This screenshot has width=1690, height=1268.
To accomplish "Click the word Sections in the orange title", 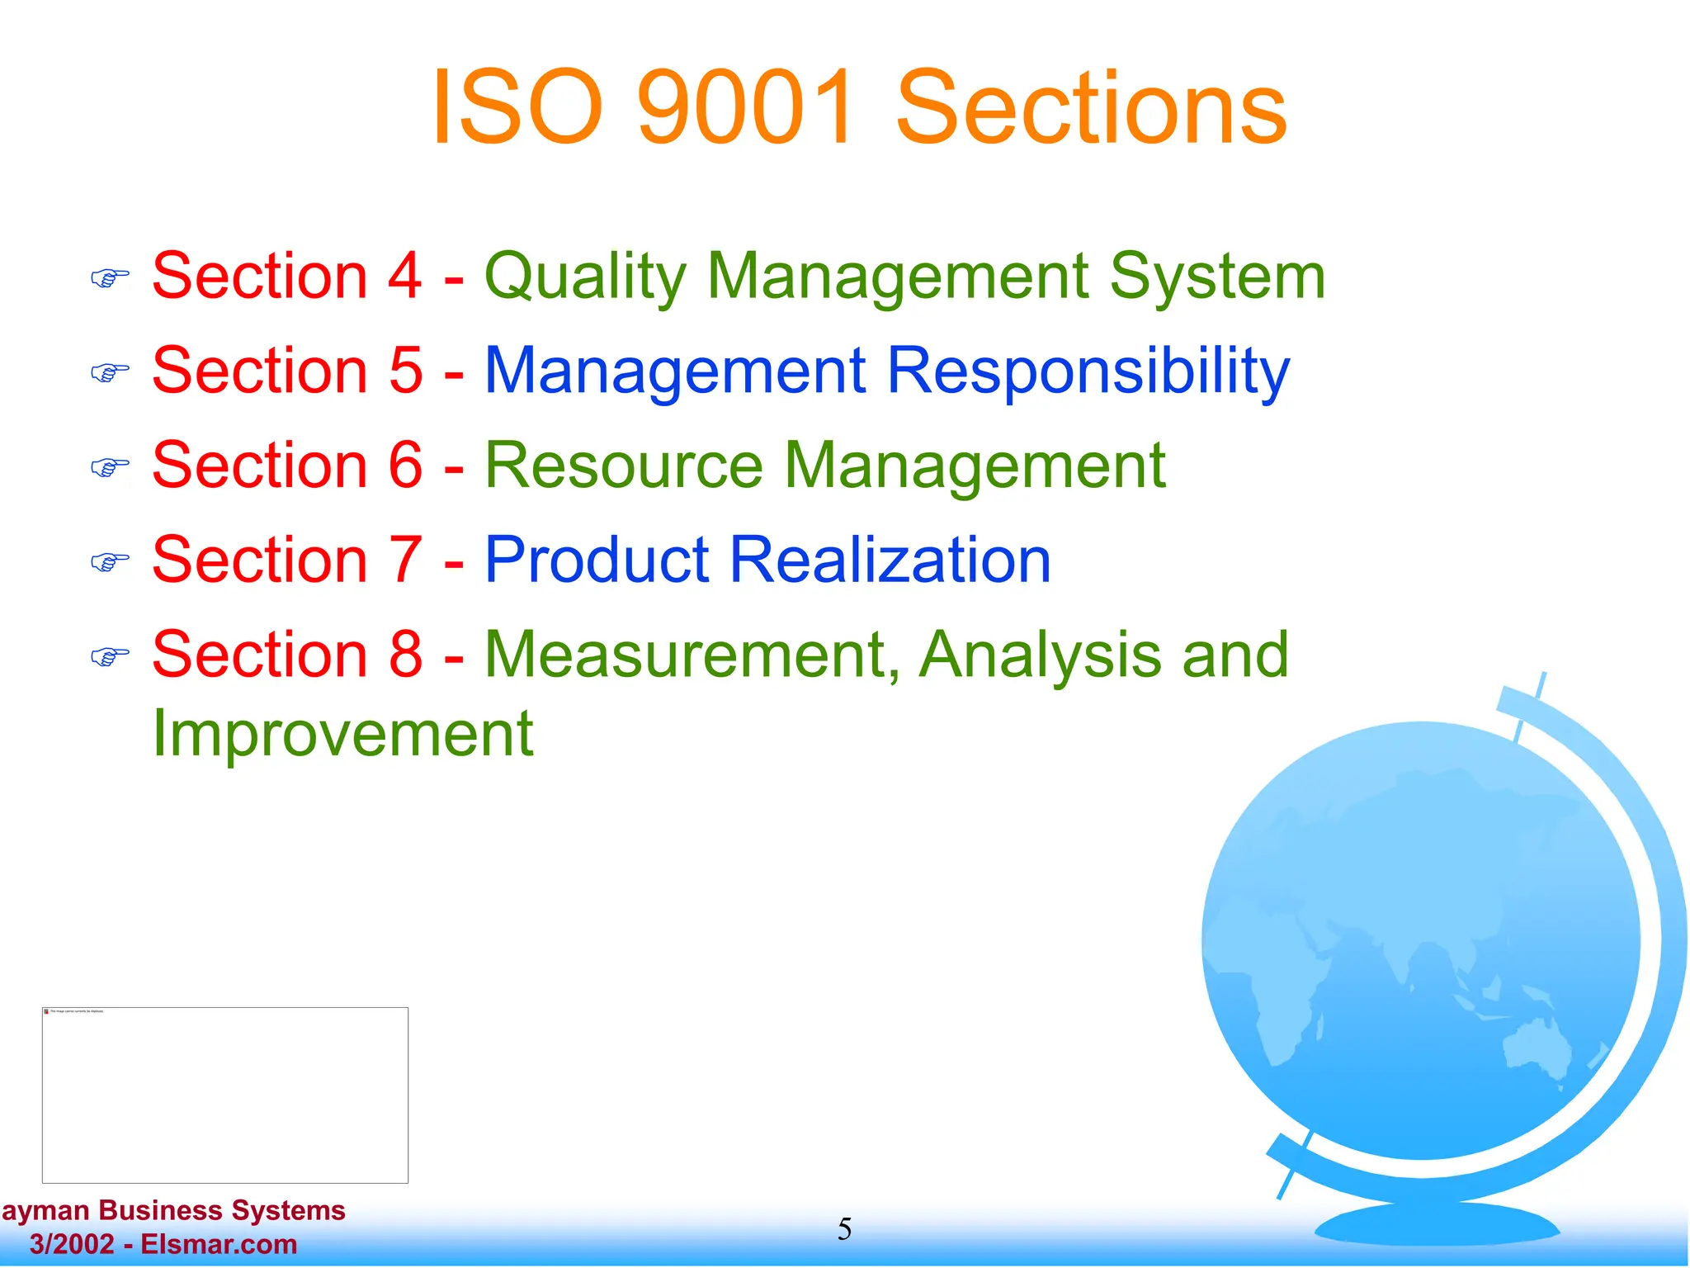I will (x=1091, y=108).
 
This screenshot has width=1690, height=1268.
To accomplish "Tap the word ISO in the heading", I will (x=516, y=108).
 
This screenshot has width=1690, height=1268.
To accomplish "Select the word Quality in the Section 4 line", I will (x=585, y=277).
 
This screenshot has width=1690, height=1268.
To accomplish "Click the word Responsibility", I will (x=1088, y=371).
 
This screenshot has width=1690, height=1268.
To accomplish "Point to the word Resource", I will (x=623, y=466).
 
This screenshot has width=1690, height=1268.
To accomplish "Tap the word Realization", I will (x=890, y=561).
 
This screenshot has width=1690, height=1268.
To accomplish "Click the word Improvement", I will (x=342, y=734).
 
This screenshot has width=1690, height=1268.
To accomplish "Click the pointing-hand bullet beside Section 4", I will (x=110, y=279).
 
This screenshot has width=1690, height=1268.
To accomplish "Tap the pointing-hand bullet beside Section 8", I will (x=110, y=657).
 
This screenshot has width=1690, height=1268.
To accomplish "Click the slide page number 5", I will (x=844, y=1230).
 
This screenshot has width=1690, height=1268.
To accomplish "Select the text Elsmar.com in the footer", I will (x=219, y=1244).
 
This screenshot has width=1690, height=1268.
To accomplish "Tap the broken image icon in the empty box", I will (x=46, y=1011).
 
